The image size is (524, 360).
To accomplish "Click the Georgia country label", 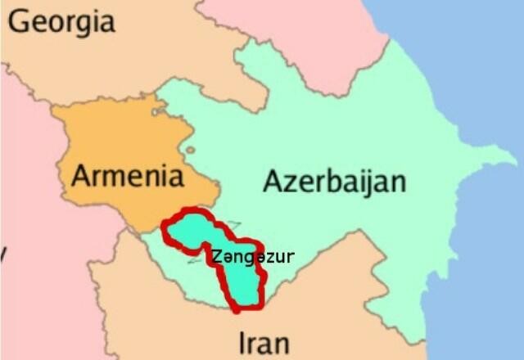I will [61, 22].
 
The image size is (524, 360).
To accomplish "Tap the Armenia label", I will [125, 174].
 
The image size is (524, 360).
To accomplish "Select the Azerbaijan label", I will [334, 180].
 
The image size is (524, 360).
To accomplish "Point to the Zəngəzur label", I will [252, 257].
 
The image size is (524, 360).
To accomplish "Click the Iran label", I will [263, 340].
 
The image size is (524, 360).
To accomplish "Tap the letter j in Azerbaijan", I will [375, 182].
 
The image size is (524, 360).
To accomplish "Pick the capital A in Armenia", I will [81, 174].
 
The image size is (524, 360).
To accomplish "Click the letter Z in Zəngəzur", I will [215, 256].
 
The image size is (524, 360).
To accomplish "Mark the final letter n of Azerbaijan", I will [397, 182].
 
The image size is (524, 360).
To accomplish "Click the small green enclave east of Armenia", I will [190, 150].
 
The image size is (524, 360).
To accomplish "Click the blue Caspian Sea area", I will [483, 245].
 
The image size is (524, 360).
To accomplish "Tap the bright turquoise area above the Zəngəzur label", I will [196, 229].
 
